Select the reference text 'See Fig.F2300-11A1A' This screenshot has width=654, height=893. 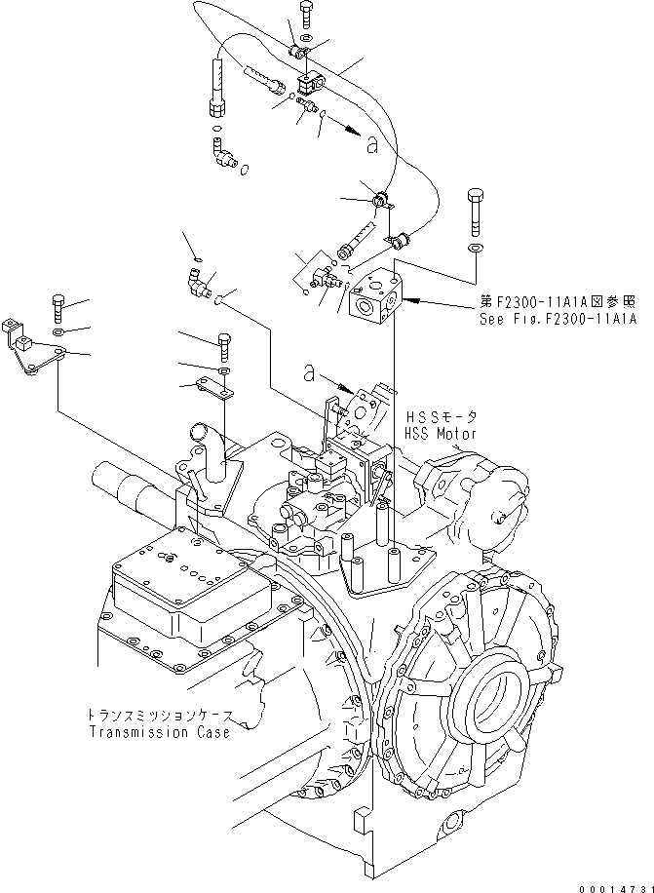click(x=557, y=319)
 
